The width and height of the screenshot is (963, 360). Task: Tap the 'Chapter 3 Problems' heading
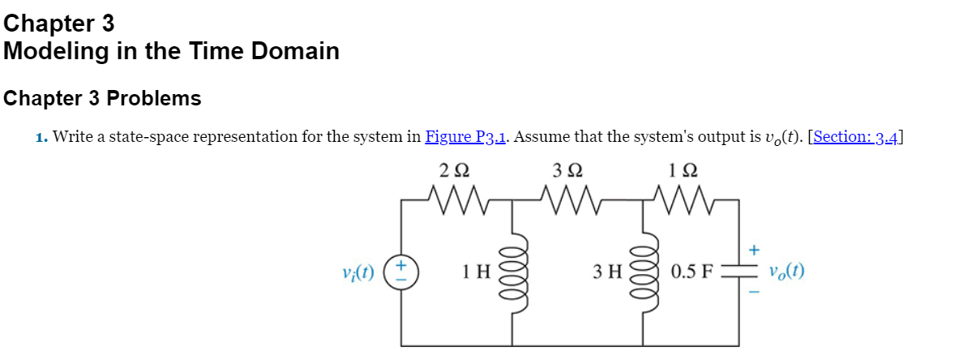pos(102,99)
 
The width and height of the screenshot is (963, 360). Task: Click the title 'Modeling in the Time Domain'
pos(171,52)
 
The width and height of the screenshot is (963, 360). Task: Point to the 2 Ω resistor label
pos(454,171)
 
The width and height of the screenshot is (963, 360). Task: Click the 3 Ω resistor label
pos(567,171)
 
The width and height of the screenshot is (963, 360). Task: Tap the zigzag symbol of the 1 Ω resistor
pos(684,199)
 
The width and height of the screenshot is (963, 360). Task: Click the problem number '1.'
pos(41,136)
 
